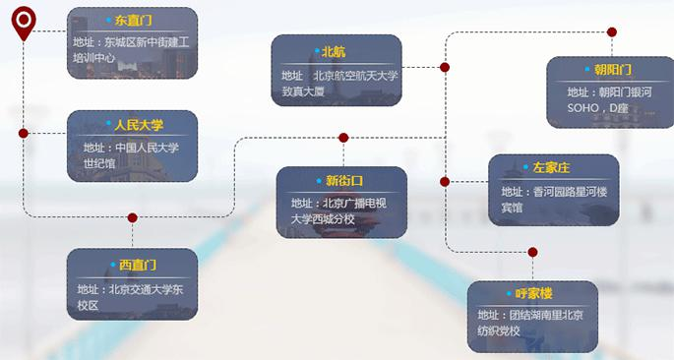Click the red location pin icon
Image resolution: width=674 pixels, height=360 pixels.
point(23,21)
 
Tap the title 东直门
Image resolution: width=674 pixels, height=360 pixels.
point(133,20)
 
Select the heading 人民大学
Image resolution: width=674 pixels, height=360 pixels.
point(138,124)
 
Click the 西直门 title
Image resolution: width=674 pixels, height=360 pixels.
point(138,265)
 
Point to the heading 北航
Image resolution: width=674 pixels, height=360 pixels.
point(335,50)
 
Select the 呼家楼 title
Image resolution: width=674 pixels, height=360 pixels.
point(534,293)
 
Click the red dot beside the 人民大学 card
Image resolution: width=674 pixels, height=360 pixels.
point(24,132)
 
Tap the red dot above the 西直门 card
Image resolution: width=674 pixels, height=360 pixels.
point(133,217)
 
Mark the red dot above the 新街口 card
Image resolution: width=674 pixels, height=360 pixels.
point(343,138)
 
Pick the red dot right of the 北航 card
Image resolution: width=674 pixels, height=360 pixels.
point(445,67)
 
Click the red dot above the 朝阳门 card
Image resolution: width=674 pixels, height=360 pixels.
point(612,31)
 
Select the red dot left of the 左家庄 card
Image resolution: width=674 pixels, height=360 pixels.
point(445,182)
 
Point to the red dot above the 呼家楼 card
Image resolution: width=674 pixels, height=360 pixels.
point(532,252)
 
